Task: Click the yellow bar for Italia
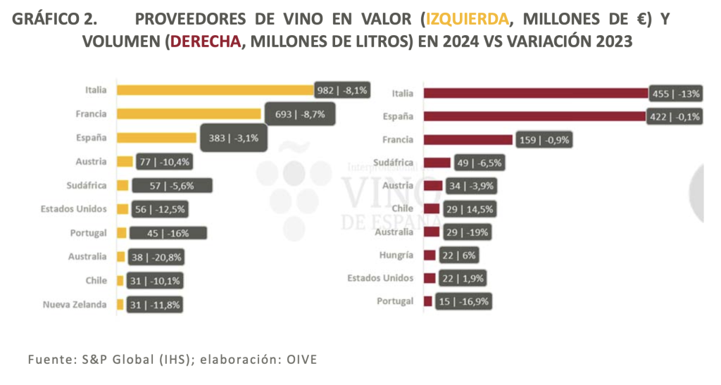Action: click(x=215, y=89)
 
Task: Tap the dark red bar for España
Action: click(x=535, y=116)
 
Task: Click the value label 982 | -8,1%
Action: click(x=341, y=90)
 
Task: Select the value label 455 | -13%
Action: click(x=675, y=93)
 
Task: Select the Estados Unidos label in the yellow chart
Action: click(x=74, y=209)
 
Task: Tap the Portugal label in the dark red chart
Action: click(x=395, y=301)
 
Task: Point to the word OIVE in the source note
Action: click(x=301, y=360)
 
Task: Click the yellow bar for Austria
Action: click(x=124, y=161)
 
